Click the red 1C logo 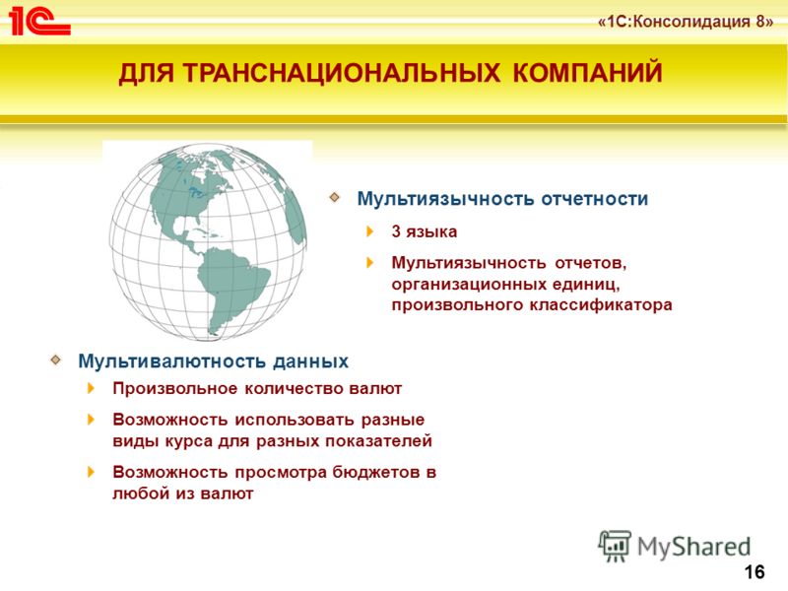coord(39,22)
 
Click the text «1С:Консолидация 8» coord(686,23)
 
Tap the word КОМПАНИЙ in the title coord(587,72)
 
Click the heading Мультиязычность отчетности coord(502,199)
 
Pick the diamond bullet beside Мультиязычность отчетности coord(335,197)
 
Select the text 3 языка coord(425,231)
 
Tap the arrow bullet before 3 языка coord(370,231)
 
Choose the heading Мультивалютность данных coord(213,361)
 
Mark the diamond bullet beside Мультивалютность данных coord(56,360)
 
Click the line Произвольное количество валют coord(257,388)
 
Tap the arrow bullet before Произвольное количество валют coord(91,388)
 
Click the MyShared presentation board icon coord(615,546)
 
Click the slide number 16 coord(755,572)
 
